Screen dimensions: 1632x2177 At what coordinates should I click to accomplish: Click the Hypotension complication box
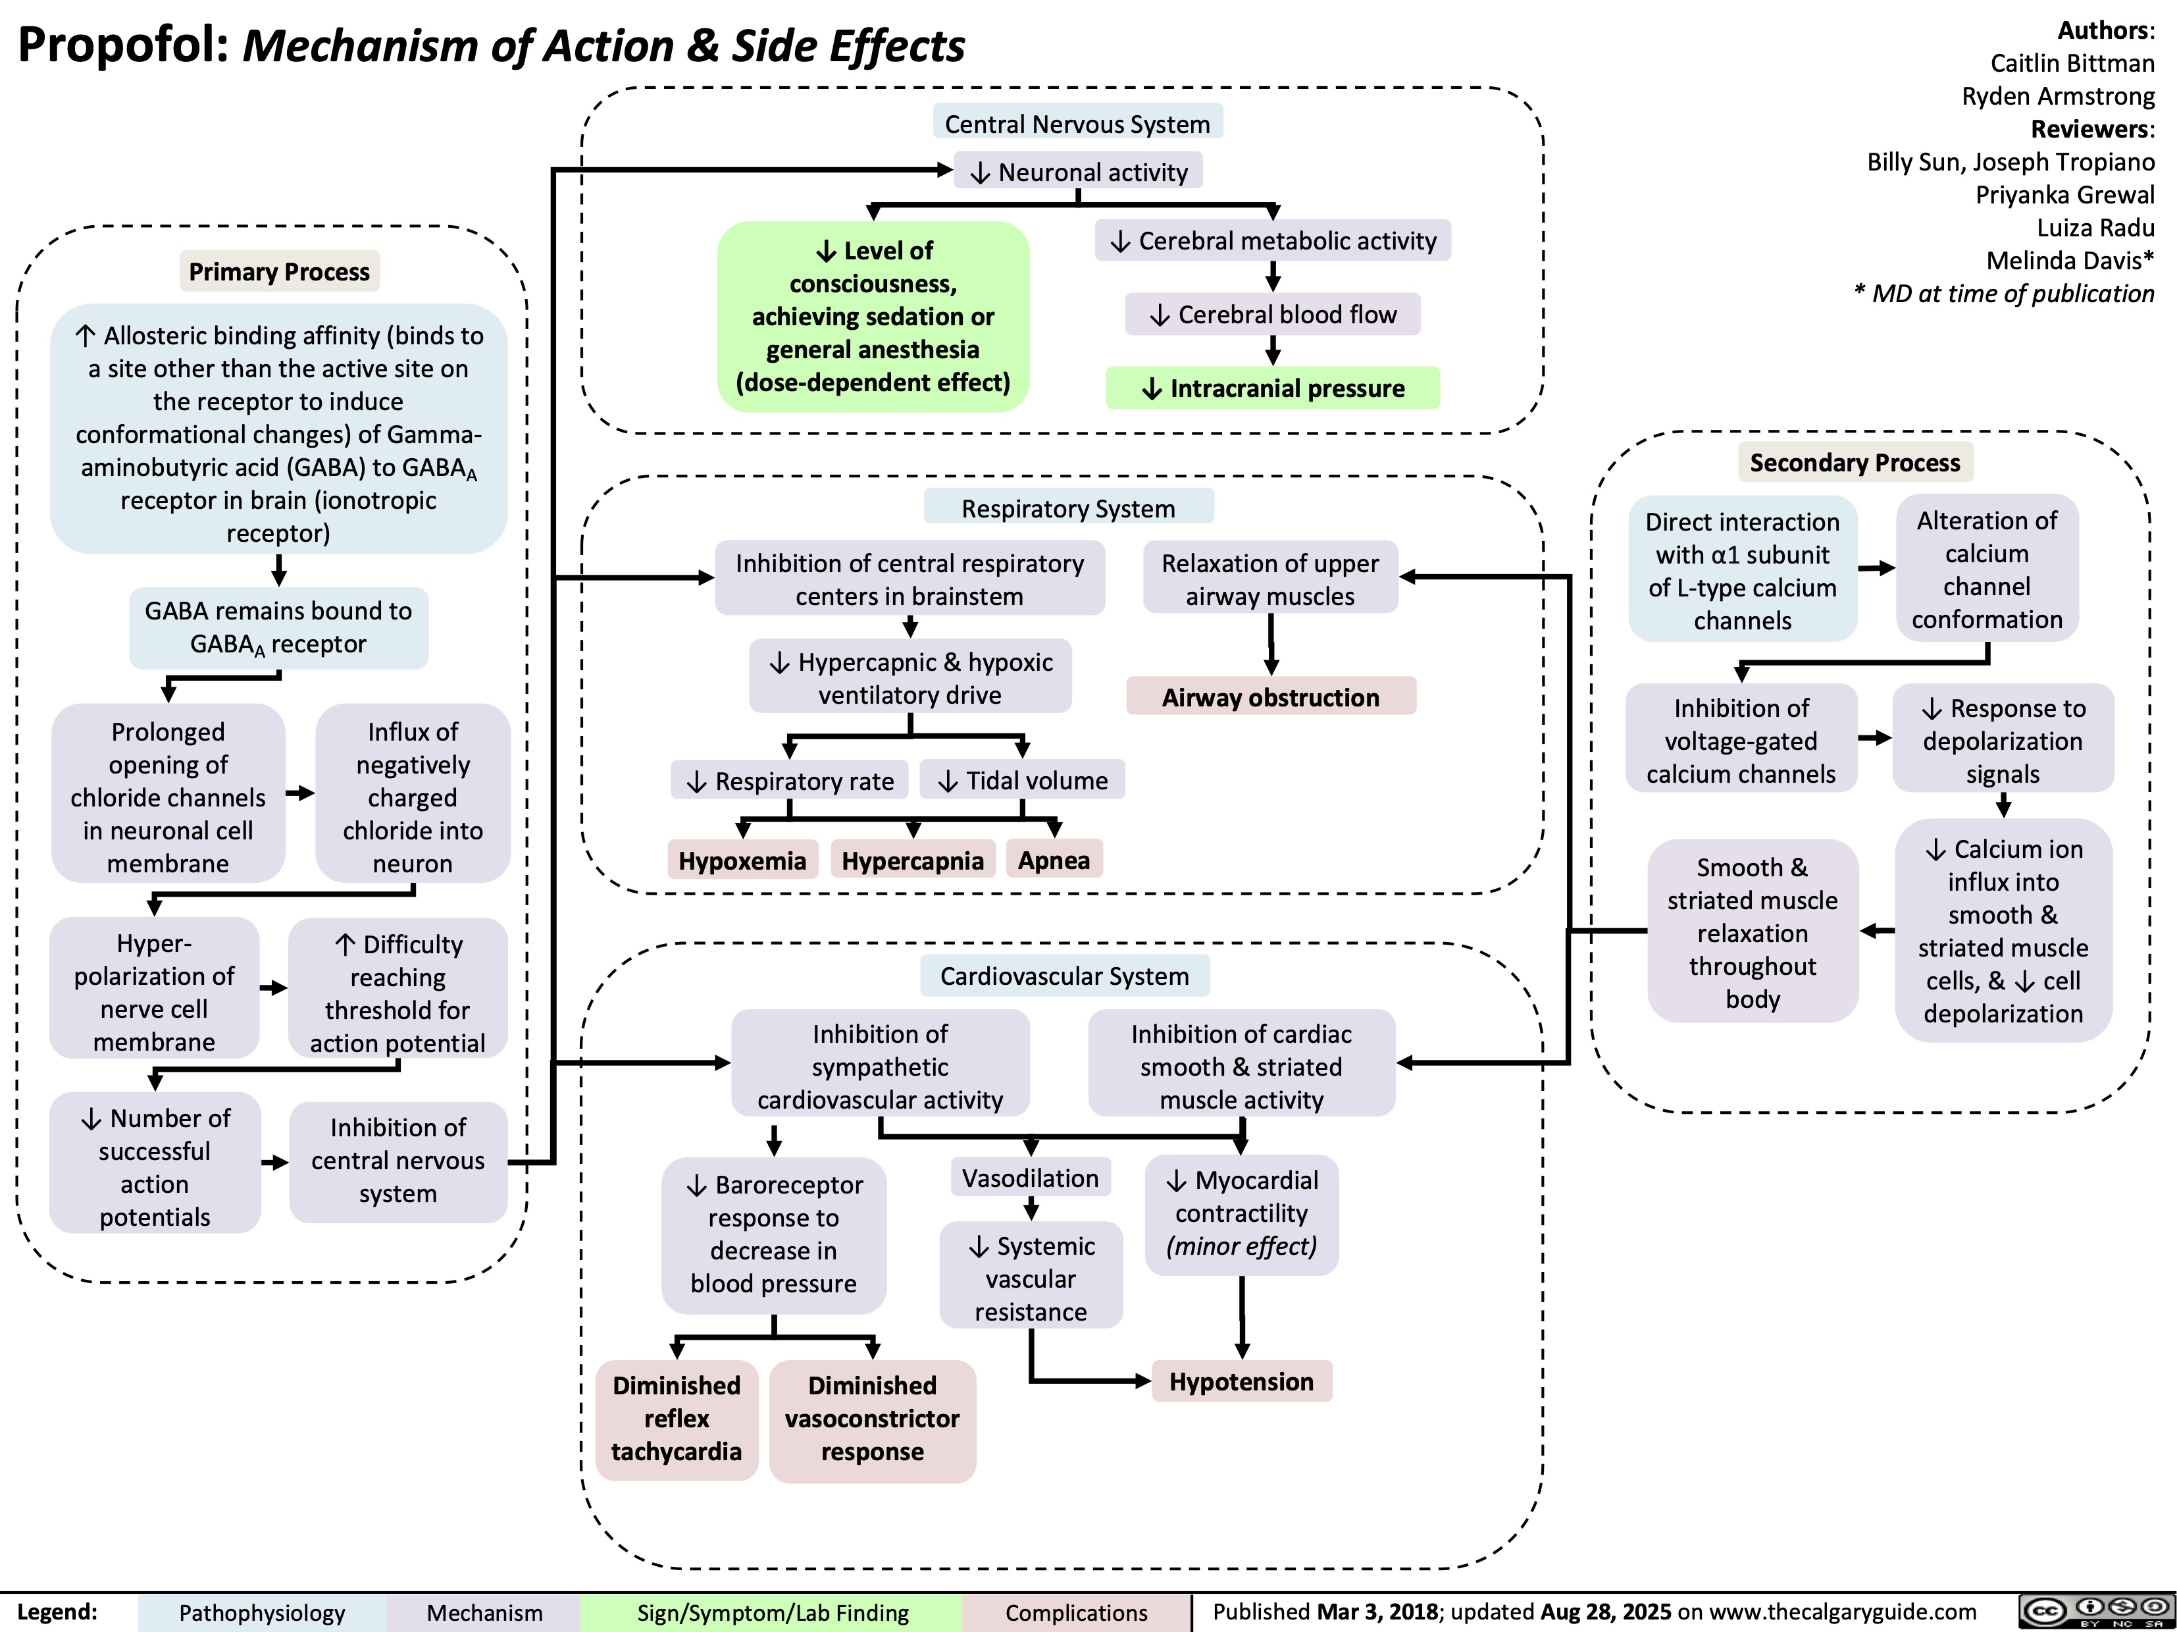(x=1241, y=1382)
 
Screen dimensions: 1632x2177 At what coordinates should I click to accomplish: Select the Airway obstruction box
(x=1271, y=697)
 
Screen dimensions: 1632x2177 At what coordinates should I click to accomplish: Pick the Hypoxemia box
(x=742, y=860)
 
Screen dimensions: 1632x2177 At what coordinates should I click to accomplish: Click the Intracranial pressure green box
(x=1273, y=388)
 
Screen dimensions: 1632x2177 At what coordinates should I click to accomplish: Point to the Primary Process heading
(x=280, y=272)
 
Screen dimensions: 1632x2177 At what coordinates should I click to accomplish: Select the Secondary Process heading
(x=1854, y=463)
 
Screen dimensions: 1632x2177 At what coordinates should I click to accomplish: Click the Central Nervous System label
(x=1078, y=124)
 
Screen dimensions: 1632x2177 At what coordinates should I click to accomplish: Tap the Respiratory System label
(x=1068, y=508)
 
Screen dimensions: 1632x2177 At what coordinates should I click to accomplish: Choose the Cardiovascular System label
(x=1064, y=976)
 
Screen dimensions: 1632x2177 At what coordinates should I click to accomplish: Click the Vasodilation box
(x=1031, y=1178)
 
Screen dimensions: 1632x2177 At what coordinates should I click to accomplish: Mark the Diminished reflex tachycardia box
(x=676, y=1419)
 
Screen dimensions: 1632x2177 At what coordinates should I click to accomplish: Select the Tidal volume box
(x=1023, y=781)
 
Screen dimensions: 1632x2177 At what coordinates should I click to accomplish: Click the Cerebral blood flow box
(x=1273, y=314)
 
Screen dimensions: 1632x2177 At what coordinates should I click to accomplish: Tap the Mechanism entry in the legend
(x=484, y=1612)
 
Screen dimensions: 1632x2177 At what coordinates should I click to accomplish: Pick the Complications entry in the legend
(x=1077, y=1612)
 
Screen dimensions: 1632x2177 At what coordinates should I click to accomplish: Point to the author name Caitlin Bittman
(x=2072, y=63)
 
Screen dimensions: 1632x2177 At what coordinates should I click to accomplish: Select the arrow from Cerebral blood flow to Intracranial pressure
(x=1273, y=350)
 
